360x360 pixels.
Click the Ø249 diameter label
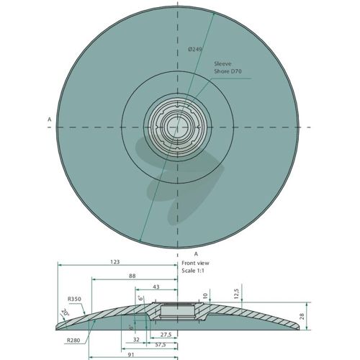(x=195, y=49)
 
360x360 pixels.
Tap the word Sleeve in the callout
(x=222, y=63)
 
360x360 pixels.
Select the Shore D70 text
(x=228, y=71)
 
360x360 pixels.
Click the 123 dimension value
(x=115, y=262)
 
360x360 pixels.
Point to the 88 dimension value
(x=132, y=276)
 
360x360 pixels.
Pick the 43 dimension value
(x=156, y=287)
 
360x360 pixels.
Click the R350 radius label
(x=74, y=299)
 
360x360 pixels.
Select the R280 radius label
(x=73, y=340)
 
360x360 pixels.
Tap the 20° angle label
(x=65, y=312)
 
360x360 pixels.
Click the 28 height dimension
(x=302, y=316)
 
